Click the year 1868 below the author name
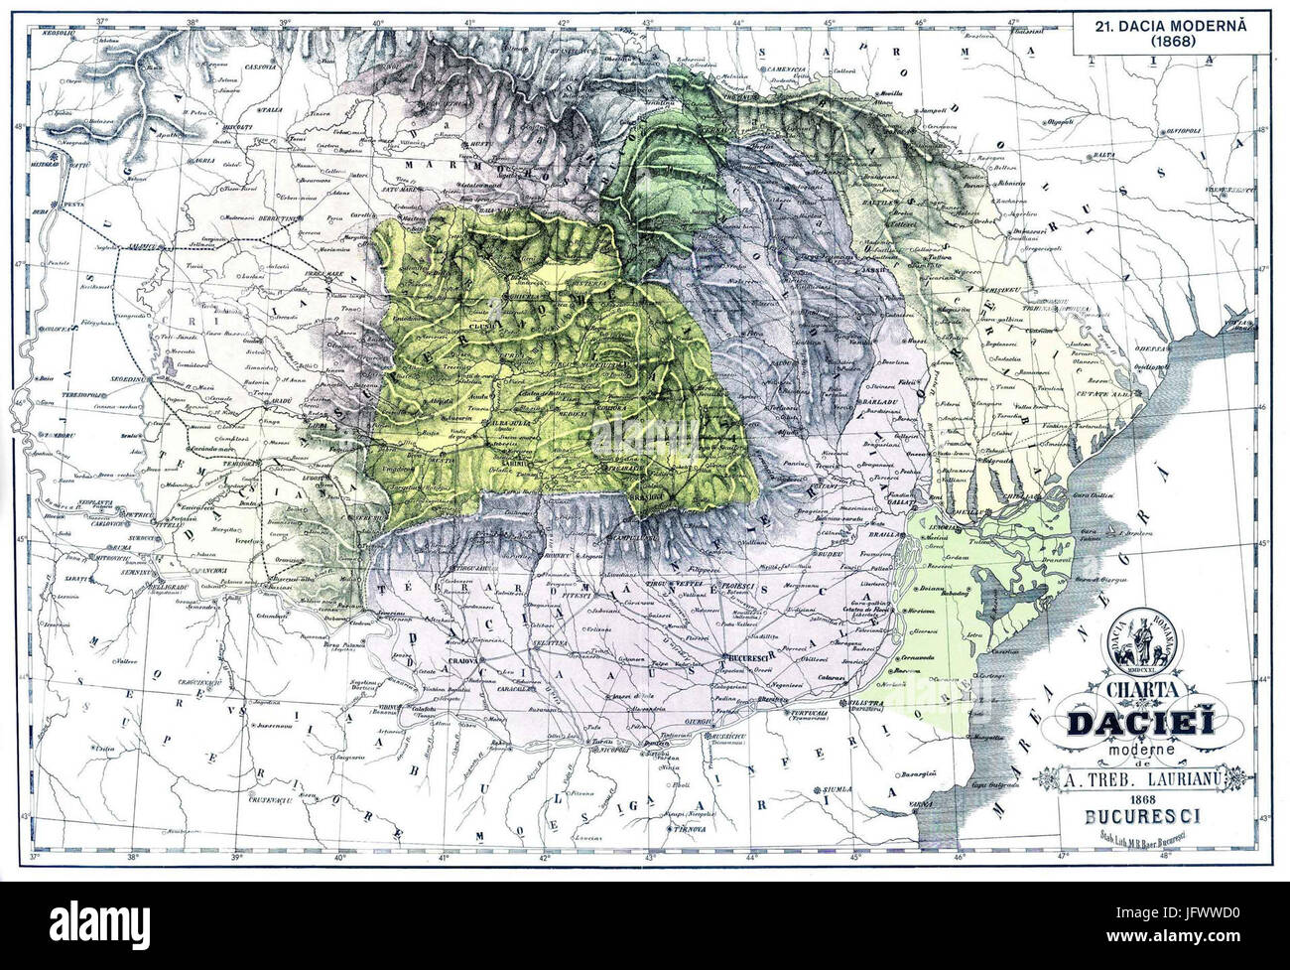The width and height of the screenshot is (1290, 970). (x=1135, y=801)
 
